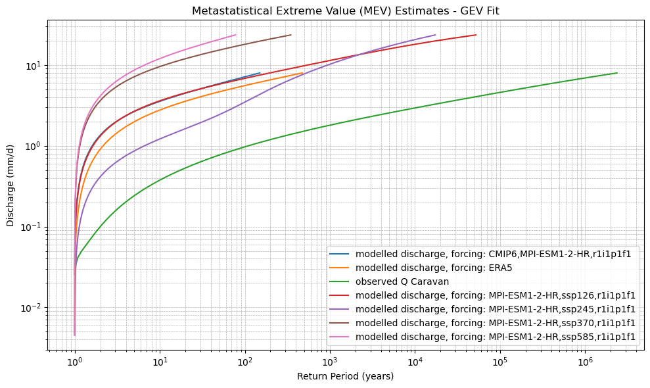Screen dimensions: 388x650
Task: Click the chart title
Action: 346,11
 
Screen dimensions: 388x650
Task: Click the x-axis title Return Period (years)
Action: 345,376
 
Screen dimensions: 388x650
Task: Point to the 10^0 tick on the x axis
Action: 75,361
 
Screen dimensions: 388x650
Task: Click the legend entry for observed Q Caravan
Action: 402,281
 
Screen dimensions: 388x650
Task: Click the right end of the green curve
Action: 617,73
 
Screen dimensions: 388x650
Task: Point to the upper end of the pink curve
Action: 235,35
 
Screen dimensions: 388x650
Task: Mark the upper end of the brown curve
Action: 290,35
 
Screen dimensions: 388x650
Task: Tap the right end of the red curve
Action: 476,35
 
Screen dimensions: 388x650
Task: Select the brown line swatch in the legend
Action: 341,323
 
